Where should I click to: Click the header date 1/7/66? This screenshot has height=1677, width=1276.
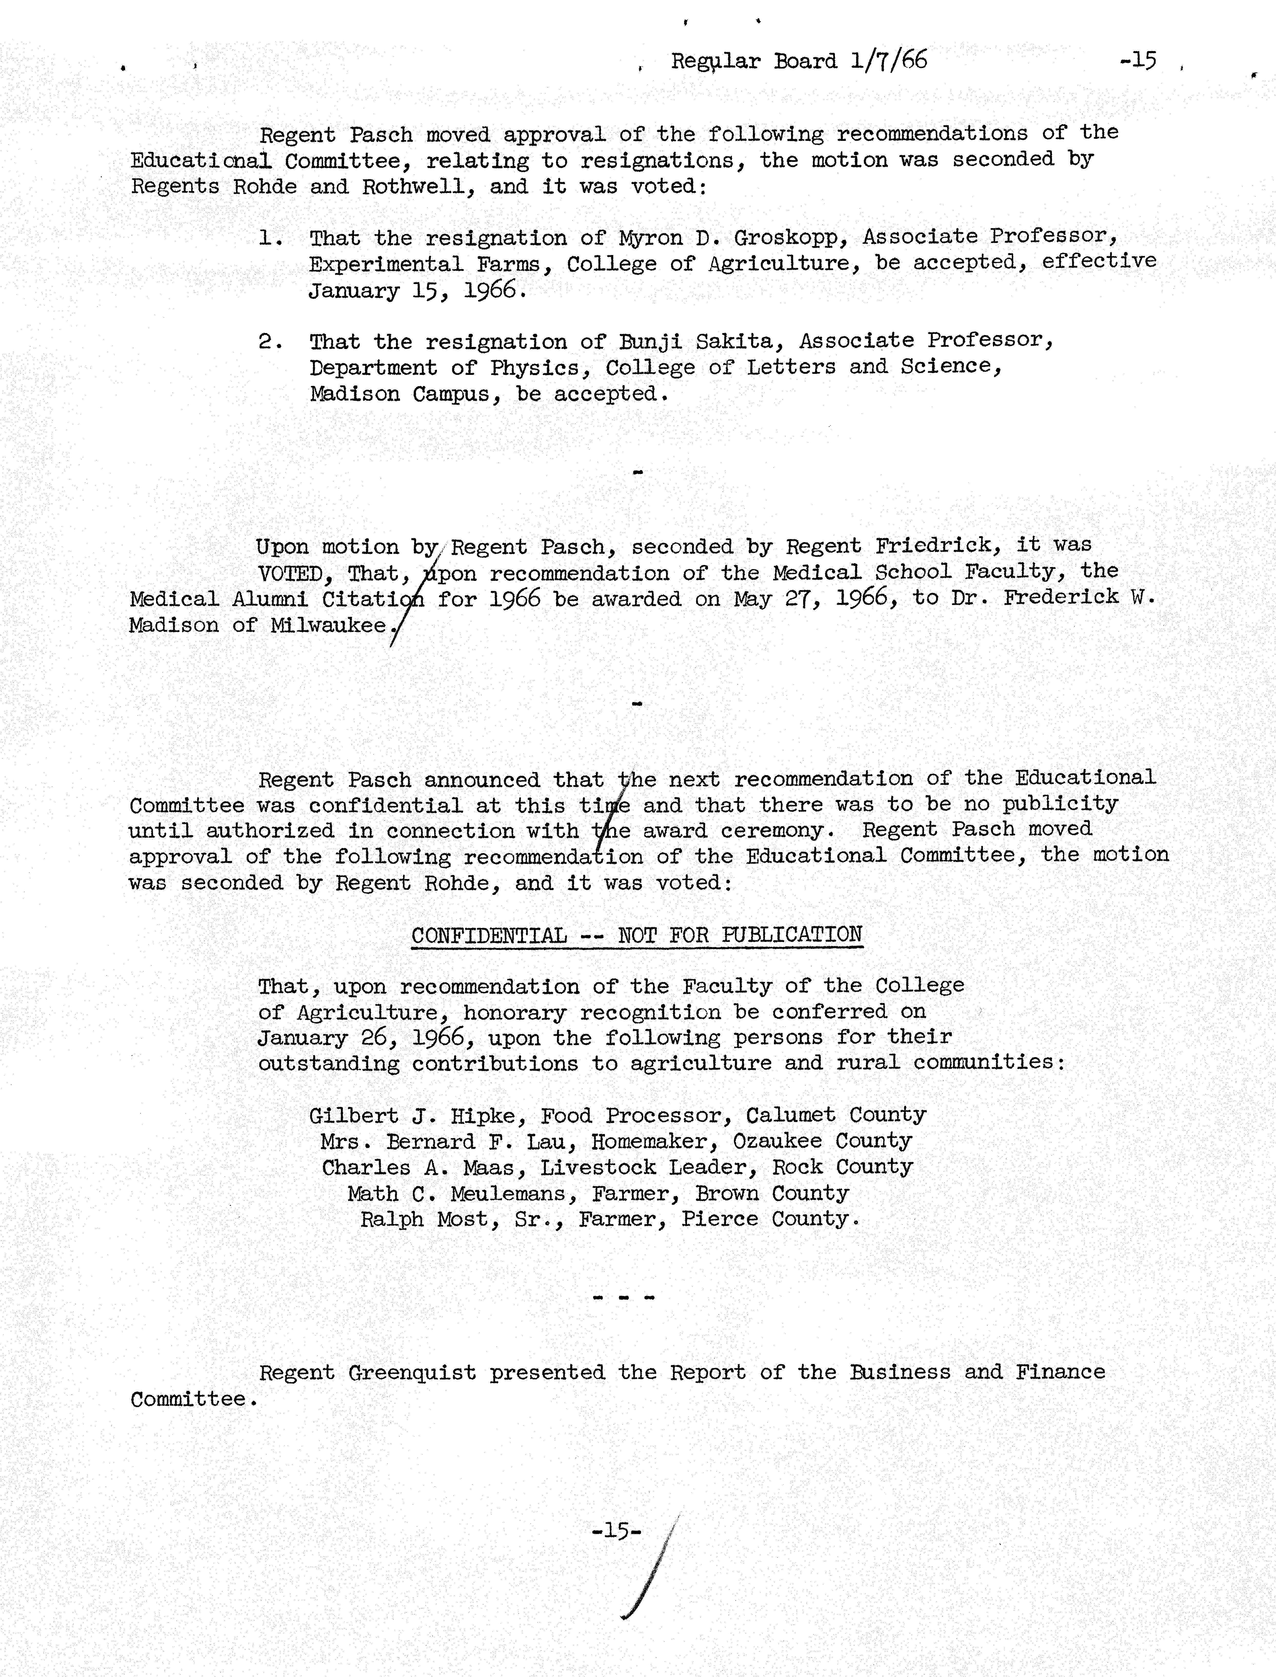pos(889,60)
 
